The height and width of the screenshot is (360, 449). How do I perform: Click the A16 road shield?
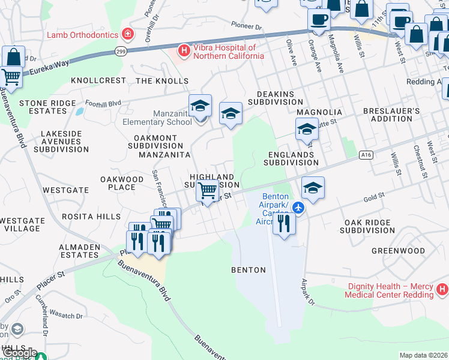(x=366, y=155)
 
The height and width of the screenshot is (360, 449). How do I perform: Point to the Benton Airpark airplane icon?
(x=300, y=208)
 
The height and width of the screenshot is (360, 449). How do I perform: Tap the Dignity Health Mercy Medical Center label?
(x=389, y=290)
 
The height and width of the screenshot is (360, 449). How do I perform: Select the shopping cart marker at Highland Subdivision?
(x=208, y=191)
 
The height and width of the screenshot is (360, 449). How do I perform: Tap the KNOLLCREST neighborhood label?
(x=98, y=80)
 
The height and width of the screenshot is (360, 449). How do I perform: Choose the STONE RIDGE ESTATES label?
(x=51, y=107)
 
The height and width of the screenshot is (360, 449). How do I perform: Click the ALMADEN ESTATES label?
(x=79, y=251)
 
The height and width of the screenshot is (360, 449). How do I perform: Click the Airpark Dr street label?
(x=308, y=292)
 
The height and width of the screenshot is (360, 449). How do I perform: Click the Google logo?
(x=20, y=353)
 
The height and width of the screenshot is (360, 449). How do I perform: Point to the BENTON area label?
(x=249, y=270)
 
